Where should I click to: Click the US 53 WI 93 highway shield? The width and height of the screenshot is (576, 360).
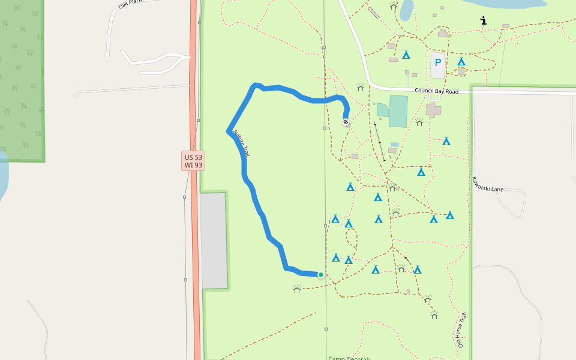click(x=193, y=160)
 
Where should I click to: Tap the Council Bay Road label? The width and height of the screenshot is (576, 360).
click(x=436, y=91)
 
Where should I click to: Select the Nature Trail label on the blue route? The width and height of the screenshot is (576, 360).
click(x=241, y=143)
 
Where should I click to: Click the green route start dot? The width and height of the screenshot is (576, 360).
click(x=321, y=275)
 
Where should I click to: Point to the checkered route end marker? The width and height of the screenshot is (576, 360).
click(x=346, y=122)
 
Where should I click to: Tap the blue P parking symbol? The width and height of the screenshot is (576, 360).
click(x=438, y=62)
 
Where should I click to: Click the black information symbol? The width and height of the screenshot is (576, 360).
click(x=484, y=21)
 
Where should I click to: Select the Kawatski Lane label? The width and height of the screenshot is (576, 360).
click(x=487, y=184)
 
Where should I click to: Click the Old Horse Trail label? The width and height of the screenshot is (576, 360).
click(x=461, y=330)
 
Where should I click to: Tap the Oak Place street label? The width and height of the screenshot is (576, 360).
click(x=130, y=4)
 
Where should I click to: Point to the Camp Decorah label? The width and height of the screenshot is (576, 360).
click(x=349, y=358)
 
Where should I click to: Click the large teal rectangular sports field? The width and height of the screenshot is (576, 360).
click(x=398, y=111)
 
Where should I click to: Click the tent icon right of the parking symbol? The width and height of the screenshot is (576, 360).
click(x=461, y=62)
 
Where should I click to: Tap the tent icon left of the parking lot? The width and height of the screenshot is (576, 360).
click(x=406, y=55)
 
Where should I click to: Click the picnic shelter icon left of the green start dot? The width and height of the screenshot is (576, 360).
click(x=296, y=289)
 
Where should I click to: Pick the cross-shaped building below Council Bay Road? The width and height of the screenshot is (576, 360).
click(x=433, y=110)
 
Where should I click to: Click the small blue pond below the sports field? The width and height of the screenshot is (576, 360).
click(x=394, y=145)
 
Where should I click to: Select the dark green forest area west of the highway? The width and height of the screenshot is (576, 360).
click(x=22, y=78)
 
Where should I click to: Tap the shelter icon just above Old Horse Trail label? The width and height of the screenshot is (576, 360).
click(x=434, y=314)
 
